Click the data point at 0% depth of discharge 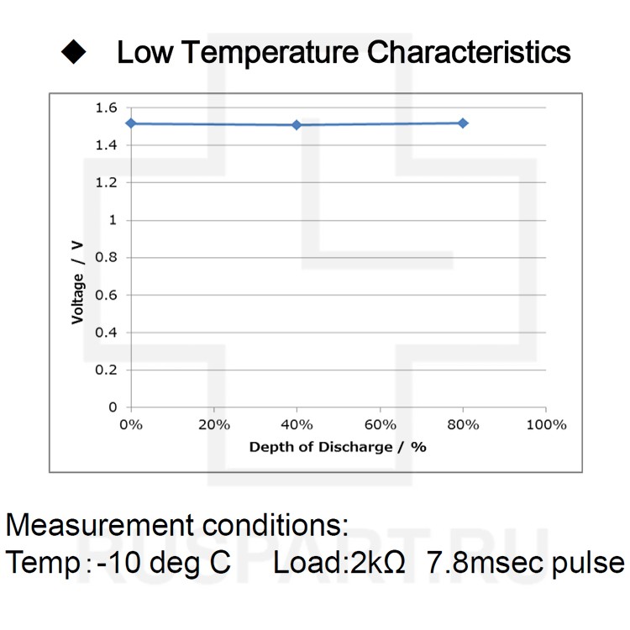point(130,123)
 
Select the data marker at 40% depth point(297,125)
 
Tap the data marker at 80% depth point(463,123)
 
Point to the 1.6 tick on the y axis point(106,108)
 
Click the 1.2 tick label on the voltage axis point(106,182)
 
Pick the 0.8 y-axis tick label point(106,258)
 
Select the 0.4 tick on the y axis point(106,333)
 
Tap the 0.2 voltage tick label point(106,370)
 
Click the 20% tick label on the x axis point(213,424)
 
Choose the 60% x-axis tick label point(380,424)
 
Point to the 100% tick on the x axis point(546,424)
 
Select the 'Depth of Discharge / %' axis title point(338,447)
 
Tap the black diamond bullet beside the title point(74,52)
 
